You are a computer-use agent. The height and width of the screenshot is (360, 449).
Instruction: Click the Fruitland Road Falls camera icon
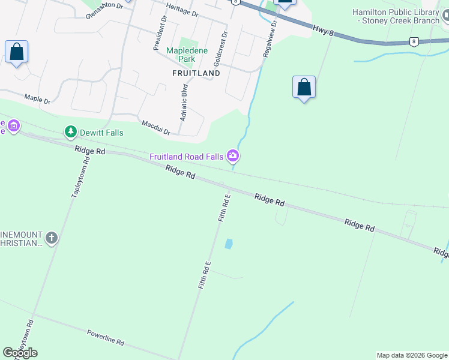pyautogui.click(x=233, y=157)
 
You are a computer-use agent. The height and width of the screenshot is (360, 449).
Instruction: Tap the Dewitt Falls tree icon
pyautogui.click(x=71, y=131)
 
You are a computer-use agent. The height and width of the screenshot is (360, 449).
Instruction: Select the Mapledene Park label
pyautogui.click(x=187, y=55)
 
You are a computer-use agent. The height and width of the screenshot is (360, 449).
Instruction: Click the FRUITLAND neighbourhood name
pyautogui.click(x=196, y=73)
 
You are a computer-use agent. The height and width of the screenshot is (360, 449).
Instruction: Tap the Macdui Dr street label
pyautogui.click(x=157, y=127)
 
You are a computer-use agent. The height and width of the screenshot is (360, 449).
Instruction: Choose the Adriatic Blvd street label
pyautogui.click(x=184, y=103)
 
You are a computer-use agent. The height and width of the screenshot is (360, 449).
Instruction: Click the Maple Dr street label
pyautogui.click(x=37, y=97)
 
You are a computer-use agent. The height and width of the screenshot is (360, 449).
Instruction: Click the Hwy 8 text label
pyautogui.click(x=323, y=30)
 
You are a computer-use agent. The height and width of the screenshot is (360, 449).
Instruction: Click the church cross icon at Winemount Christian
pyautogui.click(x=52, y=239)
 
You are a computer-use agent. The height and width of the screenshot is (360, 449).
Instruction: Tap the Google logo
pyautogui.click(x=20, y=353)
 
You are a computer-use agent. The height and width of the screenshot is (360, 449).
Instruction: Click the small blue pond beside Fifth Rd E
pyautogui.click(x=228, y=244)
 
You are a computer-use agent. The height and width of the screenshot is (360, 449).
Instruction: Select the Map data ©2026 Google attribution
pyautogui.click(x=412, y=355)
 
